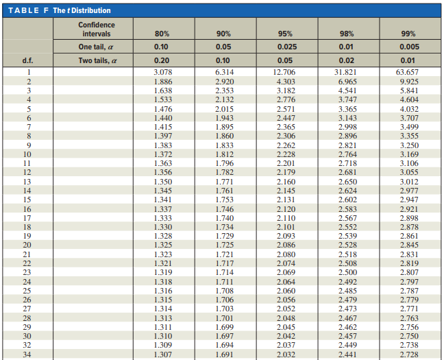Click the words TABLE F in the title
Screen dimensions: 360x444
point(25,10)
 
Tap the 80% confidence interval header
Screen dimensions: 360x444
point(162,34)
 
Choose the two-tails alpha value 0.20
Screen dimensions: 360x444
point(162,60)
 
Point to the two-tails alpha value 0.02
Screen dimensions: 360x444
point(347,60)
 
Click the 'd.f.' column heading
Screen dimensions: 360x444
point(29,60)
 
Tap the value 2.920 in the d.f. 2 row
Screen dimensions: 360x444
point(224,81)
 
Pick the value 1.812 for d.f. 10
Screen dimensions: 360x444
point(224,154)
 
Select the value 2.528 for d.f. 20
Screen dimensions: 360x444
point(347,245)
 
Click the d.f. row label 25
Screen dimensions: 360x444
point(29,290)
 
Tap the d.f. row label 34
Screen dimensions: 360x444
point(29,355)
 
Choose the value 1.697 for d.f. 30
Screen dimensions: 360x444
point(224,336)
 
